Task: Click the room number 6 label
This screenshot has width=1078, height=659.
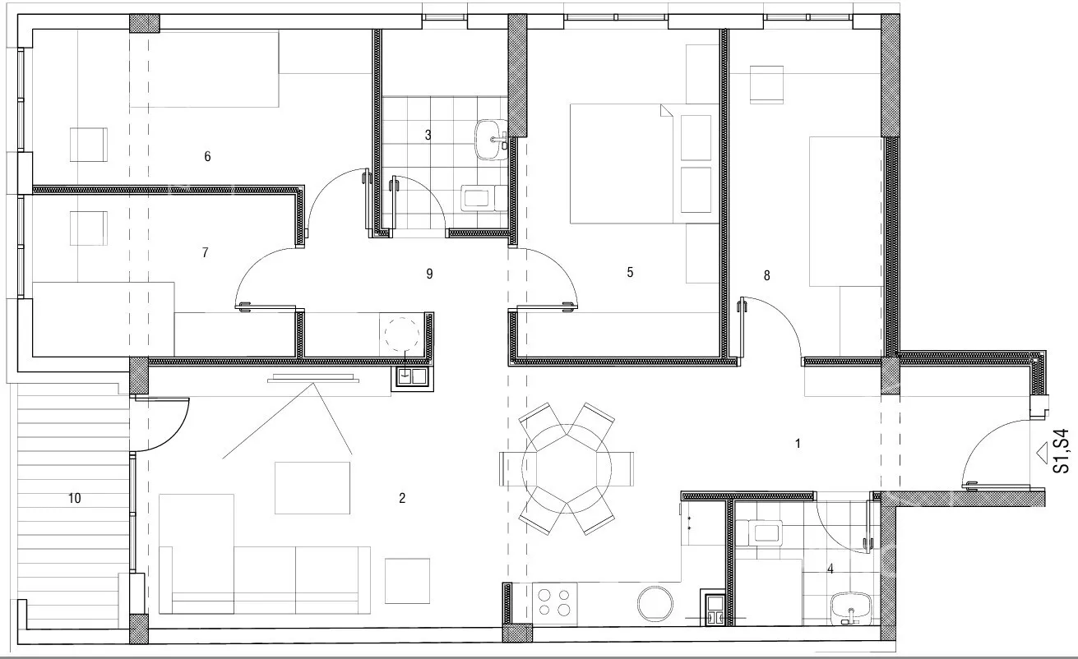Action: (207, 156)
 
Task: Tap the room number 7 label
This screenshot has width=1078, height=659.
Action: (206, 252)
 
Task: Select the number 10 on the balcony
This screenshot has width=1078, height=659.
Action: (75, 498)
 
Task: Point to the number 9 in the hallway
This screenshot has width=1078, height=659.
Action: (430, 274)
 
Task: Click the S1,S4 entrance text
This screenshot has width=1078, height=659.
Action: (1061, 451)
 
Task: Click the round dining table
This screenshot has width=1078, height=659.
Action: (567, 468)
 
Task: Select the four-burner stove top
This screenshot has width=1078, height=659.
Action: (554, 603)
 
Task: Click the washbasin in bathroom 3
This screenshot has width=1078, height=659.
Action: (491, 140)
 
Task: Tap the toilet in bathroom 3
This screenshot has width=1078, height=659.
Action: (484, 199)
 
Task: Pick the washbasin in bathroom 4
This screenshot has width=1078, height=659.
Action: (851, 608)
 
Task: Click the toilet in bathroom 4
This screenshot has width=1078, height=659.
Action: (759, 532)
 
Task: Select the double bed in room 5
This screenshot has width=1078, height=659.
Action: (645, 164)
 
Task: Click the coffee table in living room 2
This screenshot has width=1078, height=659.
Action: (312, 488)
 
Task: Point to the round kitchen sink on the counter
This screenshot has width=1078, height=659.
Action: (655, 604)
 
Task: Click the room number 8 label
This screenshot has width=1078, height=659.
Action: (766, 275)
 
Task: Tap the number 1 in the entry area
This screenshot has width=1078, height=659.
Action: (798, 444)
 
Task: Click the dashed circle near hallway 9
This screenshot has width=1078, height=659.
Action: (402, 334)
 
